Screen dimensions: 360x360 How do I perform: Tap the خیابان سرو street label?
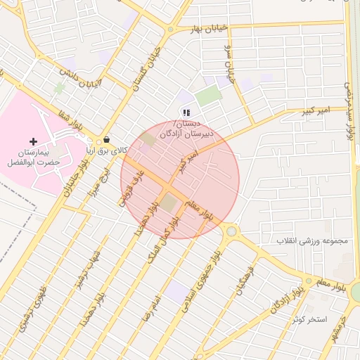coord(227,62)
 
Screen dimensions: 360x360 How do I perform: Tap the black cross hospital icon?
coord(33,141)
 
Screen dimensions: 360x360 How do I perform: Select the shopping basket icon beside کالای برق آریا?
coord(105,140)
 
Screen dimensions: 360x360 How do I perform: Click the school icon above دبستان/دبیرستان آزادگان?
coord(186,112)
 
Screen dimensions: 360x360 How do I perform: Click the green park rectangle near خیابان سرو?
coord(209,96)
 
